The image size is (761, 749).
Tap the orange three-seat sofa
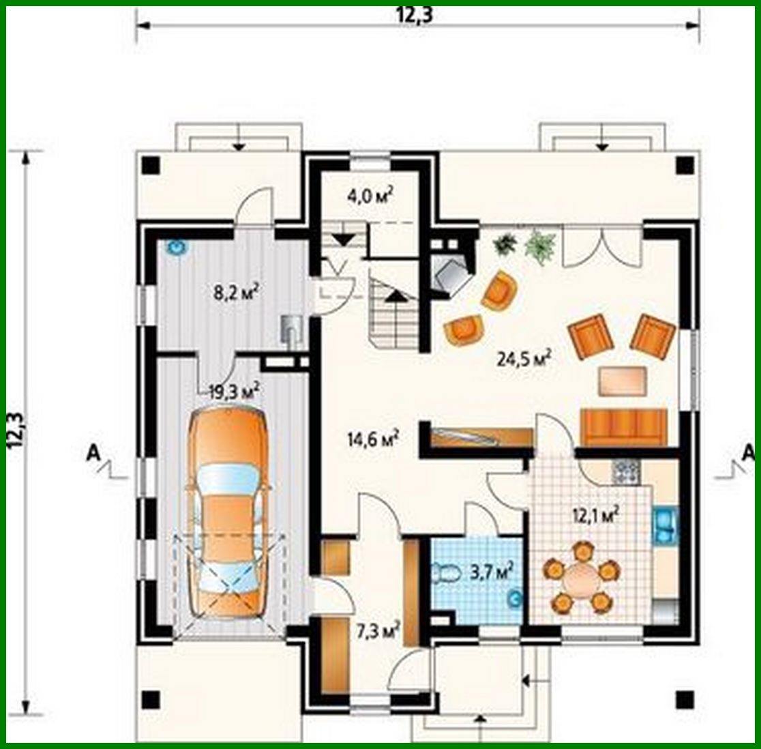coord(623,427)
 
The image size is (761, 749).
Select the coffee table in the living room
coord(623,381)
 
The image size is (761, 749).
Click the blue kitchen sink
coord(663,525)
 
